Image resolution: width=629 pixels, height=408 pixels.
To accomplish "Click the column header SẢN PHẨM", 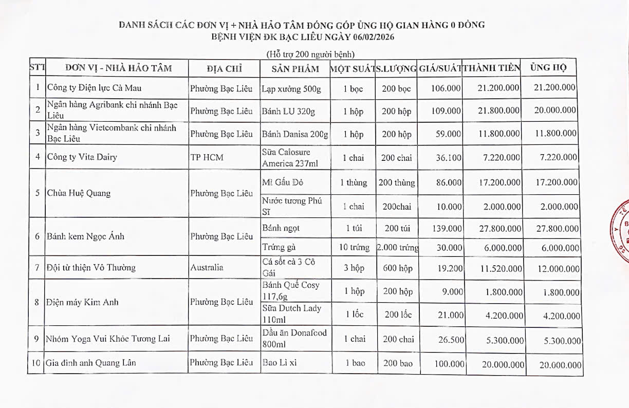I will (295, 68).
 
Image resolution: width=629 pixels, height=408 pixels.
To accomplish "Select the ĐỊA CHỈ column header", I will (224, 68).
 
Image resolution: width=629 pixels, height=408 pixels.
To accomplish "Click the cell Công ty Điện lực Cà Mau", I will (90, 88).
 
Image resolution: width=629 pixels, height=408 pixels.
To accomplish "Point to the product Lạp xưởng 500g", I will (291, 89).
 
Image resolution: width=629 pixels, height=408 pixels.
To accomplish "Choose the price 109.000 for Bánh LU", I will (446, 110).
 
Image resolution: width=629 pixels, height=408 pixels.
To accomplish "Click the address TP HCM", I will (207, 157).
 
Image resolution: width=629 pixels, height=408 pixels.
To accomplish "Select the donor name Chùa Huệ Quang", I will (79, 193).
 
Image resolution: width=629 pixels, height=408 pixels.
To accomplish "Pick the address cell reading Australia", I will (207, 267).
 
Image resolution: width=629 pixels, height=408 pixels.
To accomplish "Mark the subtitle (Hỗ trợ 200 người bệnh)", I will (310, 54).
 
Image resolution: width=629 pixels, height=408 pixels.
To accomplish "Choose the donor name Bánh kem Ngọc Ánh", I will (86, 236).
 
